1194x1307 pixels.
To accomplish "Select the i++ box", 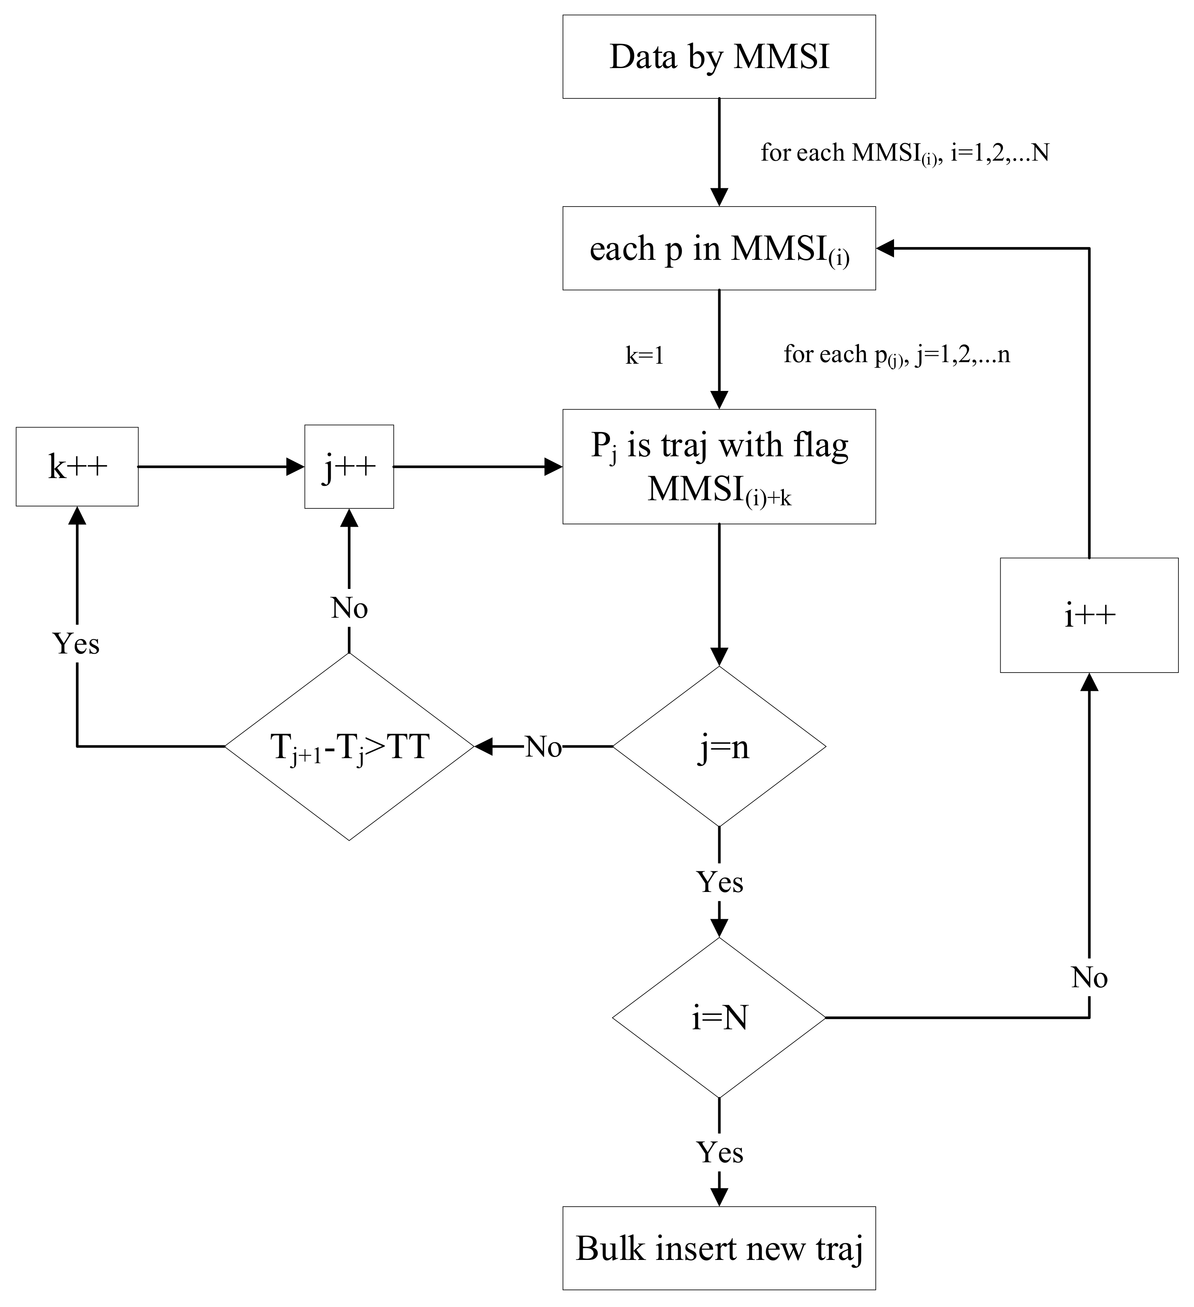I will click(1089, 615).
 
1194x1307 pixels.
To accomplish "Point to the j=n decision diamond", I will click(719, 747).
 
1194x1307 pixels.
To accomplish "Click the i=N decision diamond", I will click(719, 1018).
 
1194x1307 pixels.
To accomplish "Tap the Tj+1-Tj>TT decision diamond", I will click(349, 747).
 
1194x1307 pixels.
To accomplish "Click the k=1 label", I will click(644, 356).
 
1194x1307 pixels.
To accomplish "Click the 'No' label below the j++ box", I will click(349, 608).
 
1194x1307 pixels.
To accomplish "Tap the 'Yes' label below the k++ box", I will click(77, 644).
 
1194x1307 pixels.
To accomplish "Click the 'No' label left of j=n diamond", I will click(543, 747).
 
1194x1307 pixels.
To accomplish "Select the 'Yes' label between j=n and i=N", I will click(719, 882).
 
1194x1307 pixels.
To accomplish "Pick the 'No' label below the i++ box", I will click(1089, 978).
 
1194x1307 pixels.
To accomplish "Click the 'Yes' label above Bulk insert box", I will click(719, 1152).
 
